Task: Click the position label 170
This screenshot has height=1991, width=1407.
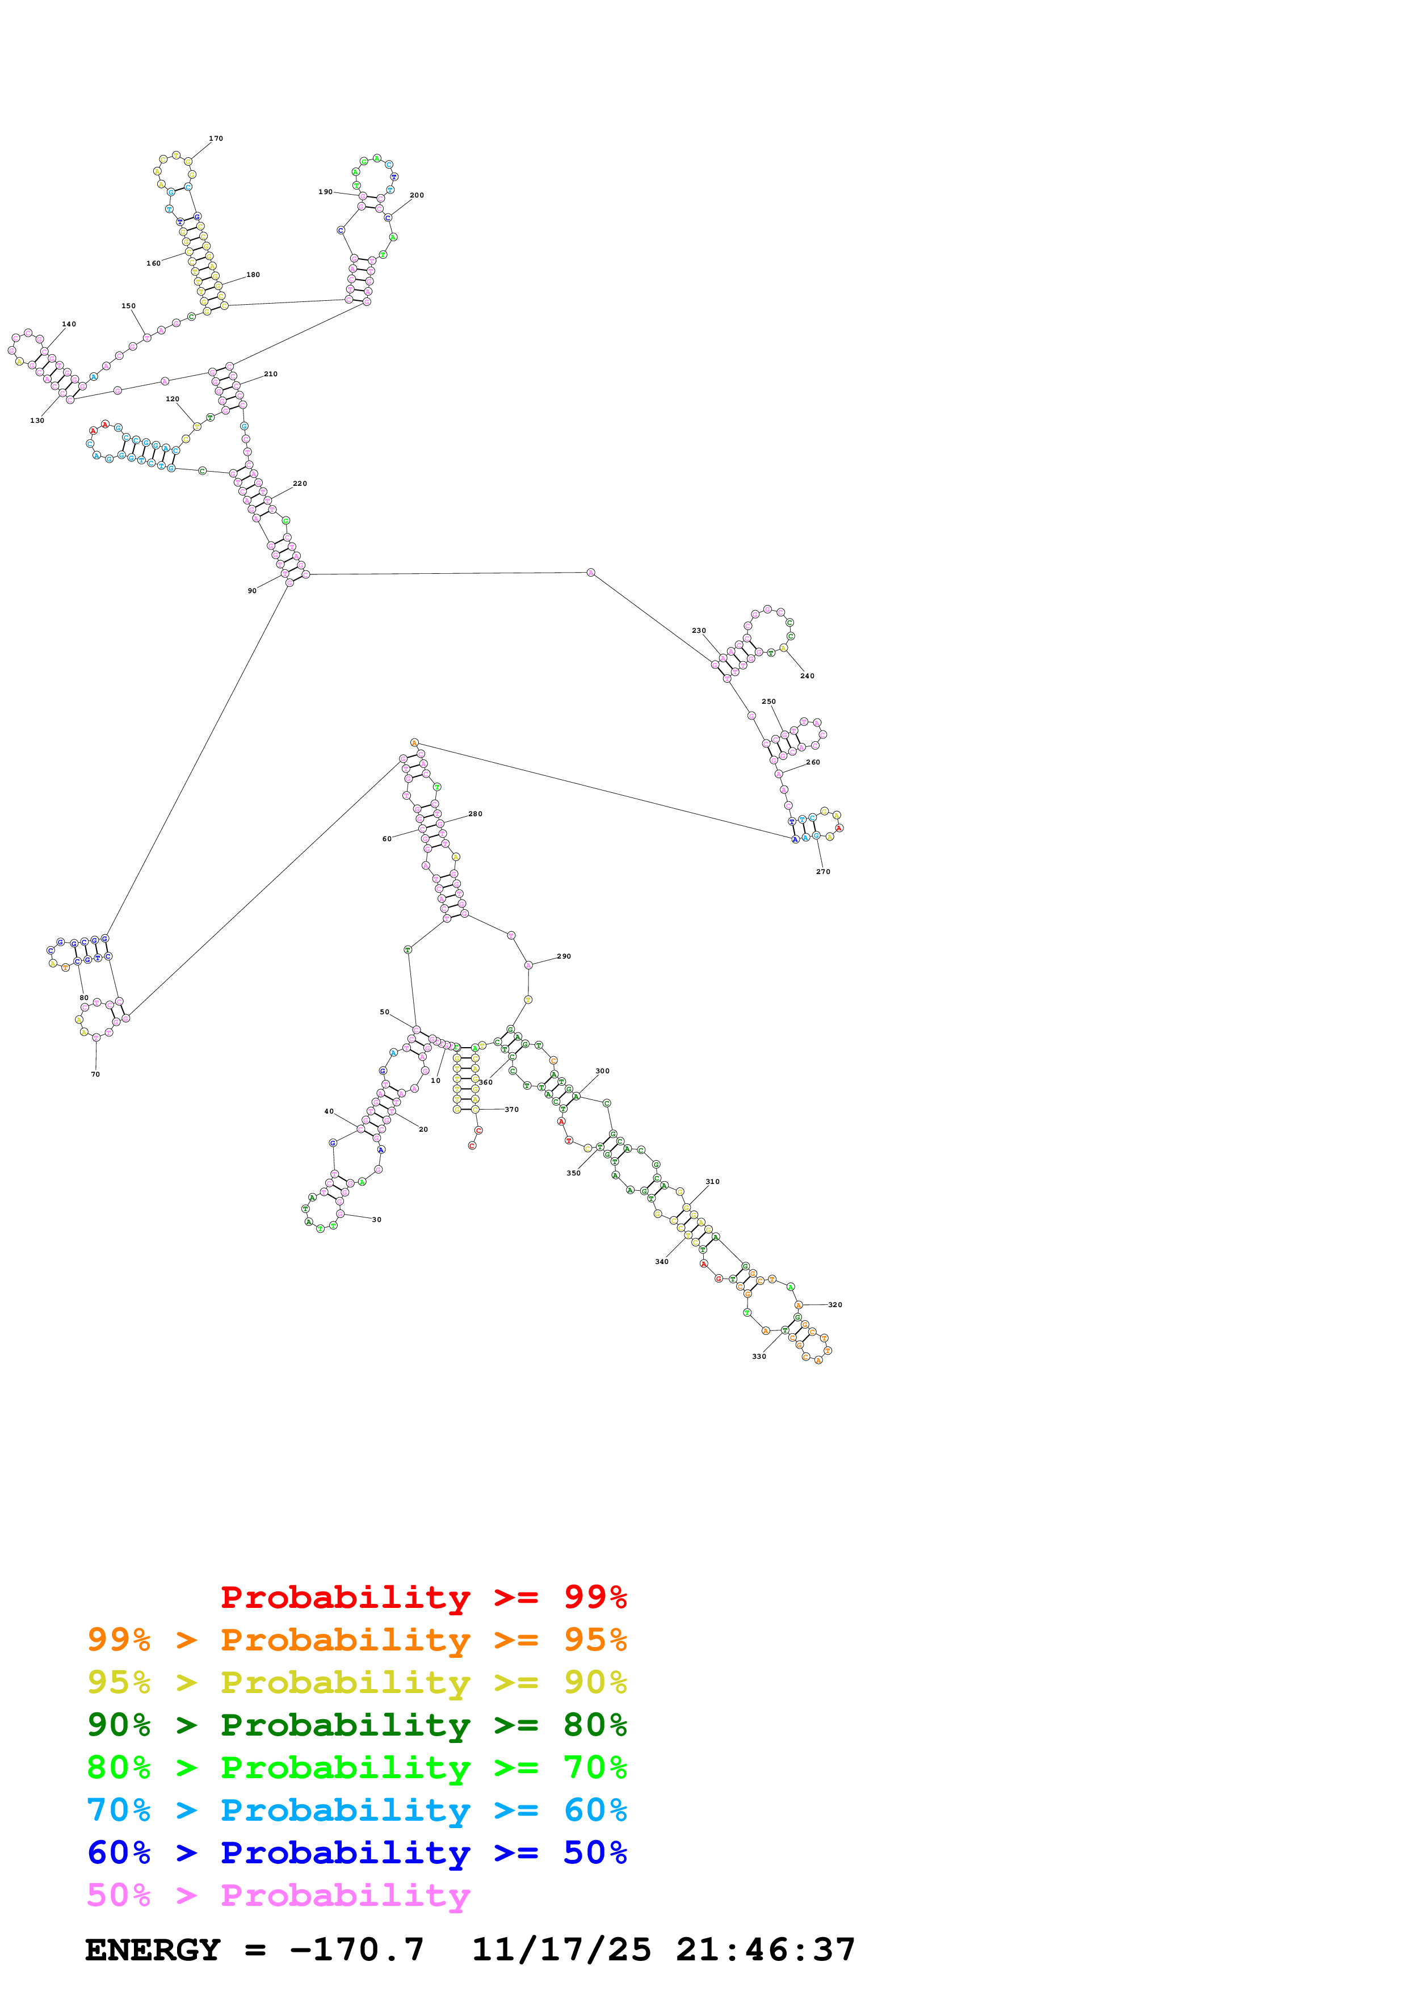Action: [x=216, y=138]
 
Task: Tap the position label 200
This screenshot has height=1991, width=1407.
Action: [x=417, y=195]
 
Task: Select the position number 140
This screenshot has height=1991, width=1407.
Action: [x=69, y=324]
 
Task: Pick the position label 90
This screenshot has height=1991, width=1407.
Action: [x=252, y=590]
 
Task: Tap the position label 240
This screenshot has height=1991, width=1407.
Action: [x=807, y=675]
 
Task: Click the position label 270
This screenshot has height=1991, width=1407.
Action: [x=823, y=872]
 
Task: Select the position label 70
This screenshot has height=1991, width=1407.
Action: [x=95, y=1074]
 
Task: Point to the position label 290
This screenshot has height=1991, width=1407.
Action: [x=564, y=956]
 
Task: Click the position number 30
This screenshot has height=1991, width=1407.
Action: [x=377, y=1219]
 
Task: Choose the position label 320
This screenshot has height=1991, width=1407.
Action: [x=835, y=1304]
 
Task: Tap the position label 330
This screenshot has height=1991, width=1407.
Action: [x=758, y=1356]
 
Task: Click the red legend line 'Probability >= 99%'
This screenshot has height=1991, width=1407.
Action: [x=423, y=1597]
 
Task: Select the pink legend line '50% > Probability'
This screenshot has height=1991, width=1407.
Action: [x=278, y=1894]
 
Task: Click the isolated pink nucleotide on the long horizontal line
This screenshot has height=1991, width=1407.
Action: [x=590, y=572]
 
